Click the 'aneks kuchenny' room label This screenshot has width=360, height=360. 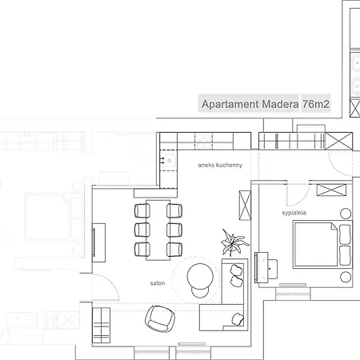coord(220,165)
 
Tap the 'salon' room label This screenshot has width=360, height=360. coord(158,283)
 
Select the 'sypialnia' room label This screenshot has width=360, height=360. coord(294,213)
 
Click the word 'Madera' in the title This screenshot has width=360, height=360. coord(280,104)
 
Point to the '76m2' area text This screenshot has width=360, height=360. coord(316,104)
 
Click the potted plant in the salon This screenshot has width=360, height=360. coord(234,243)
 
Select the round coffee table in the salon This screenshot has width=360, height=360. coord(200,277)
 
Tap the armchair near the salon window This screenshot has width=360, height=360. coord(160,319)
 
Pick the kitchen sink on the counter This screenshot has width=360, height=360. coord(169,160)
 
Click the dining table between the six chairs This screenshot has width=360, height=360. coord(158,230)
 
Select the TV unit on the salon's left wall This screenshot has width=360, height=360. coord(98,242)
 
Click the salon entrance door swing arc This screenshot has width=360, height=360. coord(111,282)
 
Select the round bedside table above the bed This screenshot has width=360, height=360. coord(346,214)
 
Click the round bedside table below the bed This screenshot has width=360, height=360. coord(346,277)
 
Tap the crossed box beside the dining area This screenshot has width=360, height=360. coord(245,206)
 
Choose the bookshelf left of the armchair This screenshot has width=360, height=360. coord(101,326)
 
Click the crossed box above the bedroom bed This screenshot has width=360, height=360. coord(331,190)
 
